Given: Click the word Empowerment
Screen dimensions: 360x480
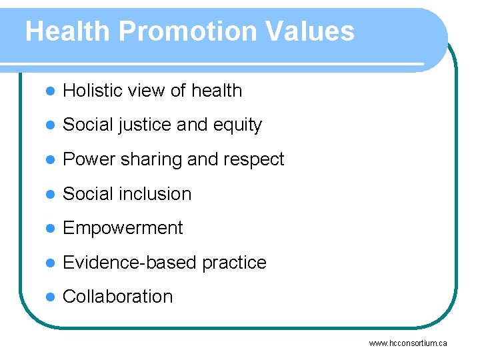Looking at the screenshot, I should [123, 228].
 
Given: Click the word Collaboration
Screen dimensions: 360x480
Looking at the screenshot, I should [117, 297].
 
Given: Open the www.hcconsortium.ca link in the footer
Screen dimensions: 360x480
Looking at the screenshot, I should [408, 343].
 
